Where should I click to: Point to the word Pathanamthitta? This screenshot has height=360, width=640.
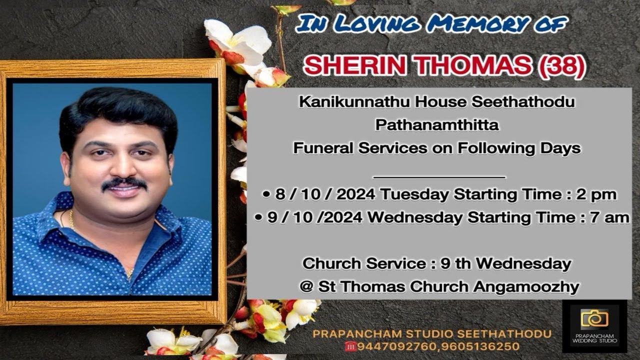tap(437, 125)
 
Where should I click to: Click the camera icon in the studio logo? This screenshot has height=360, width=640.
tap(594, 318)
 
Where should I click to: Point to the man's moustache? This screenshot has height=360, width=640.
tap(124, 183)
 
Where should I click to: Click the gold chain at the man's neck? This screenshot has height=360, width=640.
tap(71, 218)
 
